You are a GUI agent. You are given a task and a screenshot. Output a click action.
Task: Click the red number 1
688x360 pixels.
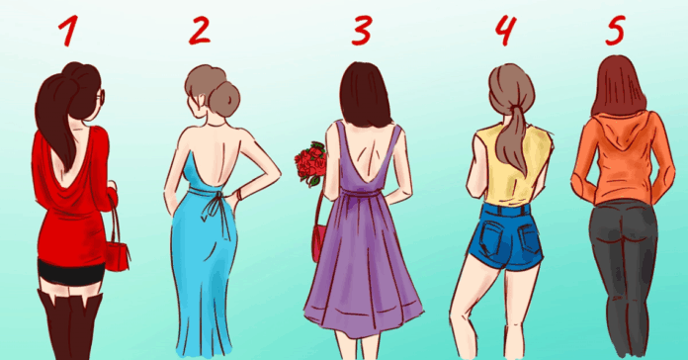69,31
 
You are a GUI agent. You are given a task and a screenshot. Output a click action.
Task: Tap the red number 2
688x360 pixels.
200,30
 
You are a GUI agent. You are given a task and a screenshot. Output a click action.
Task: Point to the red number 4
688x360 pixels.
505,30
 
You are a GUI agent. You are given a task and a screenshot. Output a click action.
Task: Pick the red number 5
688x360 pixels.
615,30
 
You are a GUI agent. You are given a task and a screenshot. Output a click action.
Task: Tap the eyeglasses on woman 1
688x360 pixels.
102,97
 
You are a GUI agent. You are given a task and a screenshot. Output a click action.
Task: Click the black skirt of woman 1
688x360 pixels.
70,272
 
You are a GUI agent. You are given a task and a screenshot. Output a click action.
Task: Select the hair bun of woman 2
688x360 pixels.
223,98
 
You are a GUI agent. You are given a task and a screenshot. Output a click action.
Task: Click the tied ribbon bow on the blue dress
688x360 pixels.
215,210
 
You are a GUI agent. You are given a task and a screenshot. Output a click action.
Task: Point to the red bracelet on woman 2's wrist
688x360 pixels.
240,195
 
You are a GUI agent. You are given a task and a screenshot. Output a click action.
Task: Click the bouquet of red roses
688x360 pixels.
310,163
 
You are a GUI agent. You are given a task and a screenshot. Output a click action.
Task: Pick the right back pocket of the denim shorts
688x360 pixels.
528,236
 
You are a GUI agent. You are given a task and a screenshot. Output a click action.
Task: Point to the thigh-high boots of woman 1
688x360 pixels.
69,324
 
